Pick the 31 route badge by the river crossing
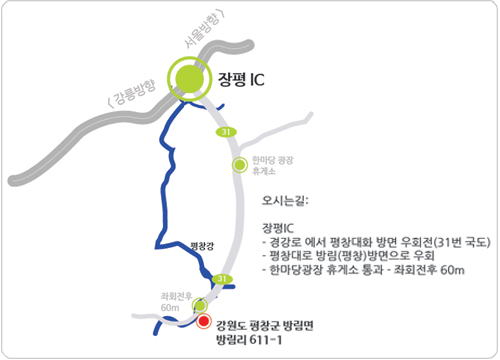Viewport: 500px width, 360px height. [224, 279]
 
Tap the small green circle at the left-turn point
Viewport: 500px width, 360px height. [201, 305]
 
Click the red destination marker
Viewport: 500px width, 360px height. [205, 322]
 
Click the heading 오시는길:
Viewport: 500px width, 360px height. [285, 198]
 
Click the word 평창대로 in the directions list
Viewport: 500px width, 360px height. [289, 255]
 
